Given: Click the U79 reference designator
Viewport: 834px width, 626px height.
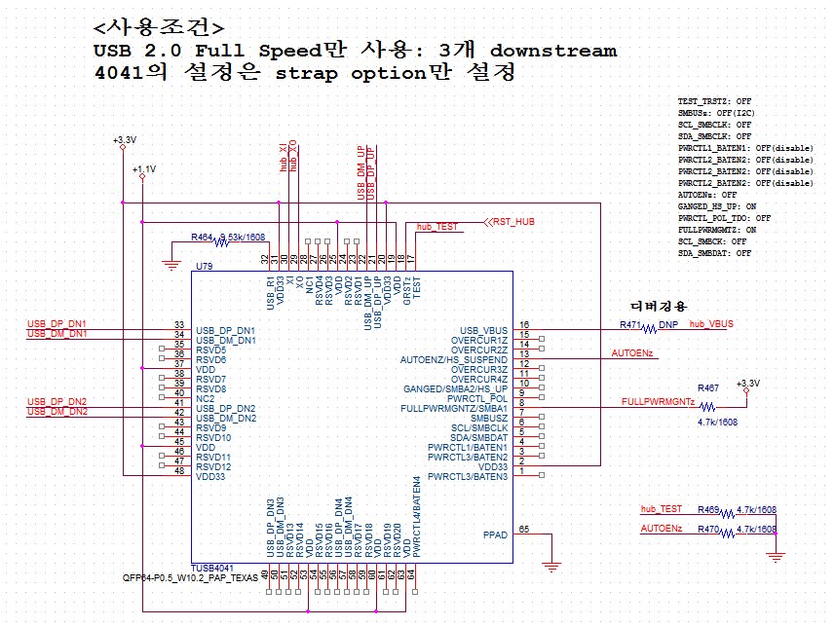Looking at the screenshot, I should [205, 266].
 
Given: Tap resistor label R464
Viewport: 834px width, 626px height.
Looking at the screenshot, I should [202, 237].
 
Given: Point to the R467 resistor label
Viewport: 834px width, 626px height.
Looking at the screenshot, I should [707, 387].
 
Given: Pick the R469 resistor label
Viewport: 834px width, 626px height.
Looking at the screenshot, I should [708, 509].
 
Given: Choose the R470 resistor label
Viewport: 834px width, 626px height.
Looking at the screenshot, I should [708, 529].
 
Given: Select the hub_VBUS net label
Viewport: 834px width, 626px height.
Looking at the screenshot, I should [711, 323].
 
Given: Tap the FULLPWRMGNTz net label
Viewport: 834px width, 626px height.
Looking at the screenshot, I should [658, 401].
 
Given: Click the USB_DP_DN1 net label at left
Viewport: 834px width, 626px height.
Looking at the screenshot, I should [57, 322].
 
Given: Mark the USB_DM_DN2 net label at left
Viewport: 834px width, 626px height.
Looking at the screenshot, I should [57, 412].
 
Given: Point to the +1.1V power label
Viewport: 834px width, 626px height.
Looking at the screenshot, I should [143, 169].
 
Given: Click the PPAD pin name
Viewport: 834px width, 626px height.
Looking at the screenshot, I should [495, 535].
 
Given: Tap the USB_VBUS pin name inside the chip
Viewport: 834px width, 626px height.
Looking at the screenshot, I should [484, 331].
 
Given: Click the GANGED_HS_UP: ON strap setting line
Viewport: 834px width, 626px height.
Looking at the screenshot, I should [717, 206].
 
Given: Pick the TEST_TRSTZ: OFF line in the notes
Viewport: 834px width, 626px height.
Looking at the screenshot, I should [714, 101].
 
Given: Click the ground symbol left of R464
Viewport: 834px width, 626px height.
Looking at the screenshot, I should [171, 264].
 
